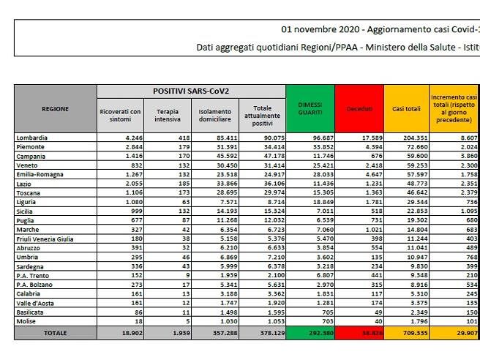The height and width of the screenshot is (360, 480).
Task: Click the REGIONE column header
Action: [x=56, y=109]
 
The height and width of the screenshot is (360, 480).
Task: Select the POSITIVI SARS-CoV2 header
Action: [x=191, y=91]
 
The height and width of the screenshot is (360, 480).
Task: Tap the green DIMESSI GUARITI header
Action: [x=310, y=109]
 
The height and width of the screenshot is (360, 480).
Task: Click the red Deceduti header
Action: [x=359, y=109]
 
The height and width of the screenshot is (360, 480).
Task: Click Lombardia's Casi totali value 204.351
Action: [x=414, y=138]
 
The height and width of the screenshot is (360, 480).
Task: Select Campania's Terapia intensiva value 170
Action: [x=173, y=156]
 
